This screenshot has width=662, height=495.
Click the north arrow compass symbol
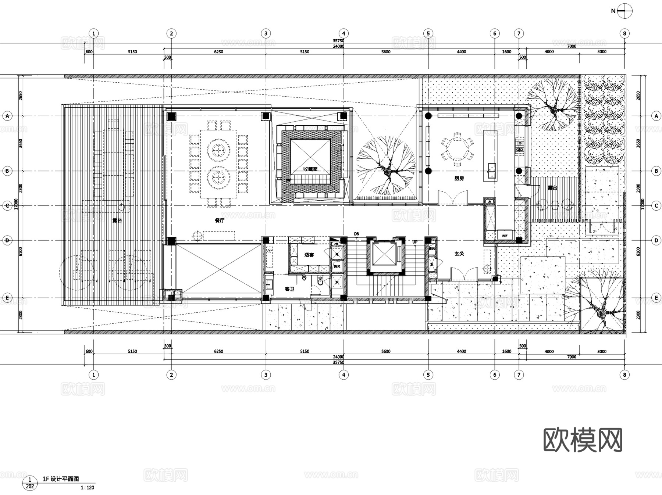click(625, 11)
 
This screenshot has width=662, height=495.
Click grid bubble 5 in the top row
click(428, 33)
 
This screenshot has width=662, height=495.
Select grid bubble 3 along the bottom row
click(266, 375)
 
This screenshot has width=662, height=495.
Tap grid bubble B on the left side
click(7, 171)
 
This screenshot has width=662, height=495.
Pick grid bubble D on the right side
click(656, 241)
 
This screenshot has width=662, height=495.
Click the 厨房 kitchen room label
click(459, 179)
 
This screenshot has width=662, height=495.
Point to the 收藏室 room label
click(310, 169)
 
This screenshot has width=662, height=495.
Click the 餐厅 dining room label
click(220, 220)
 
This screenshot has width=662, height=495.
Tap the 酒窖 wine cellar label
click(309, 255)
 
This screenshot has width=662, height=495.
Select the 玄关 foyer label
click(459, 254)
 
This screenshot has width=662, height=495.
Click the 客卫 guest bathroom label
click(289, 289)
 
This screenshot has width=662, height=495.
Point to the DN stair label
click(356, 234)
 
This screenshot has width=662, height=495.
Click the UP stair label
click(415, 242)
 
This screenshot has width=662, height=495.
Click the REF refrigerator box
click(505, 236)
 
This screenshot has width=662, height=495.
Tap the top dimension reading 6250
click(218, 52)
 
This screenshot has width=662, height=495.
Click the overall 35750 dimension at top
click(338, 41)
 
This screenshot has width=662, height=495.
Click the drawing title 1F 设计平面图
click(61, 479)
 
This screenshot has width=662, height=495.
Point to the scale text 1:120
click(88, 488)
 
